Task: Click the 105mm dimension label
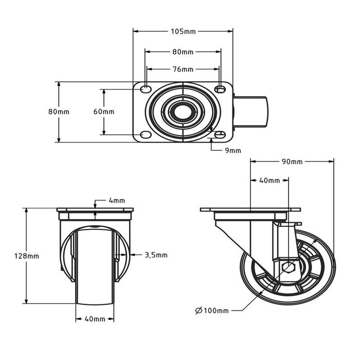point(183,31)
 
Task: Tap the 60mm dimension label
point(104,112)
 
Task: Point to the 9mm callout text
point(233,151)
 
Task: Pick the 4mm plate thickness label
point(117,201)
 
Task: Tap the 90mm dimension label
point(292,161)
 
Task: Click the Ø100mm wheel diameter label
point(212,311)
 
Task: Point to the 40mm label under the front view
point(95,319)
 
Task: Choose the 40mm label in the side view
point(269,181)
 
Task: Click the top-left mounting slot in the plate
point(146,89)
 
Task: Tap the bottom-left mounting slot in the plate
point(146,135)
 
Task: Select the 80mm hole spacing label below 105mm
point(183,52)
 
